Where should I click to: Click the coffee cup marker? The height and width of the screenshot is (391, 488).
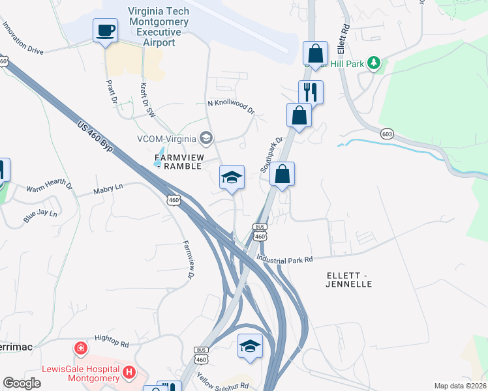click(105, 30)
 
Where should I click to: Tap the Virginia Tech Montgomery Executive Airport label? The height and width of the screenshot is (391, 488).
click(159, 27)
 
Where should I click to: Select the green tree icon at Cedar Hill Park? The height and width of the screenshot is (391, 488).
click(374, 63)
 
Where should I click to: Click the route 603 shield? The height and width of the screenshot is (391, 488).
click(388, 134)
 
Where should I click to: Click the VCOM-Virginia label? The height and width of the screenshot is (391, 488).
click(167, 138)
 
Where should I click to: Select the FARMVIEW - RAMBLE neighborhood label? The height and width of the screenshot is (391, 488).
click(179, 162)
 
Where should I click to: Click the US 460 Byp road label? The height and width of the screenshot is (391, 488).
click(95, 138)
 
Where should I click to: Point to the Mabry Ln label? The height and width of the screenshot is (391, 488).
click(108, 188)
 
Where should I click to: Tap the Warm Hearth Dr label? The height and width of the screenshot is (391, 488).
click(49, 187)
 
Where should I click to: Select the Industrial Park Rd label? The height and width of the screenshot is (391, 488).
click(284, 259)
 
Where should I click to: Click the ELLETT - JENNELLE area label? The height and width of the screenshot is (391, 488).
click(349, 280)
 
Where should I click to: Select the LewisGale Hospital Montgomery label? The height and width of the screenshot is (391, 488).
click(80, 373)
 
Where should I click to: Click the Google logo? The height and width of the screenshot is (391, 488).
click(22, 383)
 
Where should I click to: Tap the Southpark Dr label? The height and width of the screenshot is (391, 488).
click(272, 154)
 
